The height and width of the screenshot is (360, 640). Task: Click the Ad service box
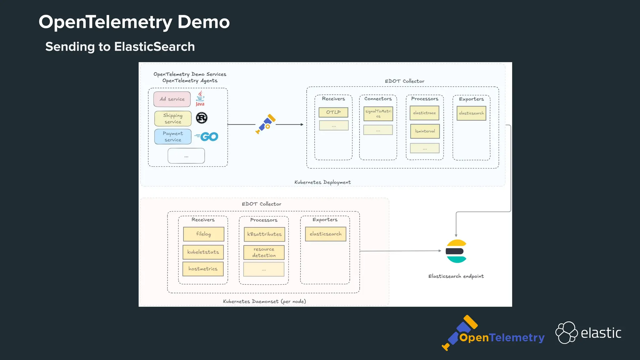(x=172, y=99)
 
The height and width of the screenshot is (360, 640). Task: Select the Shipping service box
(x=173, y=118)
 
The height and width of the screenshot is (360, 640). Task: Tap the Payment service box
(x=173, y=137)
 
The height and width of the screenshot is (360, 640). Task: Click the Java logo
(x=200, y=99)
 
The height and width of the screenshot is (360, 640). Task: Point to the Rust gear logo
(x=202, y=118)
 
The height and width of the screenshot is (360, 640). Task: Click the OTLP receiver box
(x=333, y=112)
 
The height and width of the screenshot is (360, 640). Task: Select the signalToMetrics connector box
(x=378, y=113)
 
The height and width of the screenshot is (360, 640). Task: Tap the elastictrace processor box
(x=424, y=113)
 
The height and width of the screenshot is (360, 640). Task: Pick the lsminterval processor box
(x=425, y=131)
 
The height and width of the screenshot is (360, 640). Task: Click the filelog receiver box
(x=203, y=234)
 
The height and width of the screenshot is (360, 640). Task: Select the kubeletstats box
(x=203, y=252)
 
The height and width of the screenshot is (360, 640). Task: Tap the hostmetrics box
(x=203, y=269)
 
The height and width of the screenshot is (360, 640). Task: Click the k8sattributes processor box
(x=264, y=234)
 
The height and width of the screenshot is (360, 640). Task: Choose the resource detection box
(x=264, y=252)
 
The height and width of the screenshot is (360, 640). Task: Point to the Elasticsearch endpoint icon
(x=456, y=251)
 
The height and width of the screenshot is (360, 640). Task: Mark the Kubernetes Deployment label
(x=322, y=182)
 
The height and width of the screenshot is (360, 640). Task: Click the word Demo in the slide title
(x=203, y=22)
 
